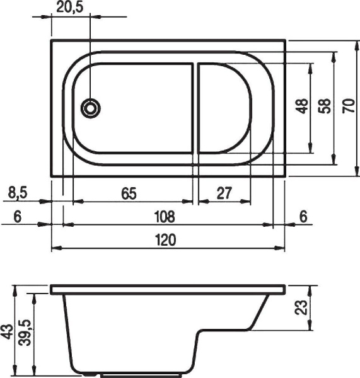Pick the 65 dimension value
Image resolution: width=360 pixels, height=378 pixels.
pyautogui.click(x=129, y=193)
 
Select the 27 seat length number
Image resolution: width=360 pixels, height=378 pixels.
pyautogui.click(x=223, y=193)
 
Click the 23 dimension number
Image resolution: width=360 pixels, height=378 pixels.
pyautogui.click(x=301, y=308)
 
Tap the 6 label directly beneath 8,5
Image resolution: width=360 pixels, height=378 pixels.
pyautogui.click(x=17, y=216)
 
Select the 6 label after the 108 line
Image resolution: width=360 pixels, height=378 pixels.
pyautogui.click(x=303, y=216)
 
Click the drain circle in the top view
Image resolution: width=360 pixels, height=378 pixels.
pyautogui.click(x=91, y=108)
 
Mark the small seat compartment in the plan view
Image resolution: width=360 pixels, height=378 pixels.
pyautogui.click(x=225, y=108)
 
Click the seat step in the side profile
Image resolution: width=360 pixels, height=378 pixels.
pyautogui.click(x=227, y=332)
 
